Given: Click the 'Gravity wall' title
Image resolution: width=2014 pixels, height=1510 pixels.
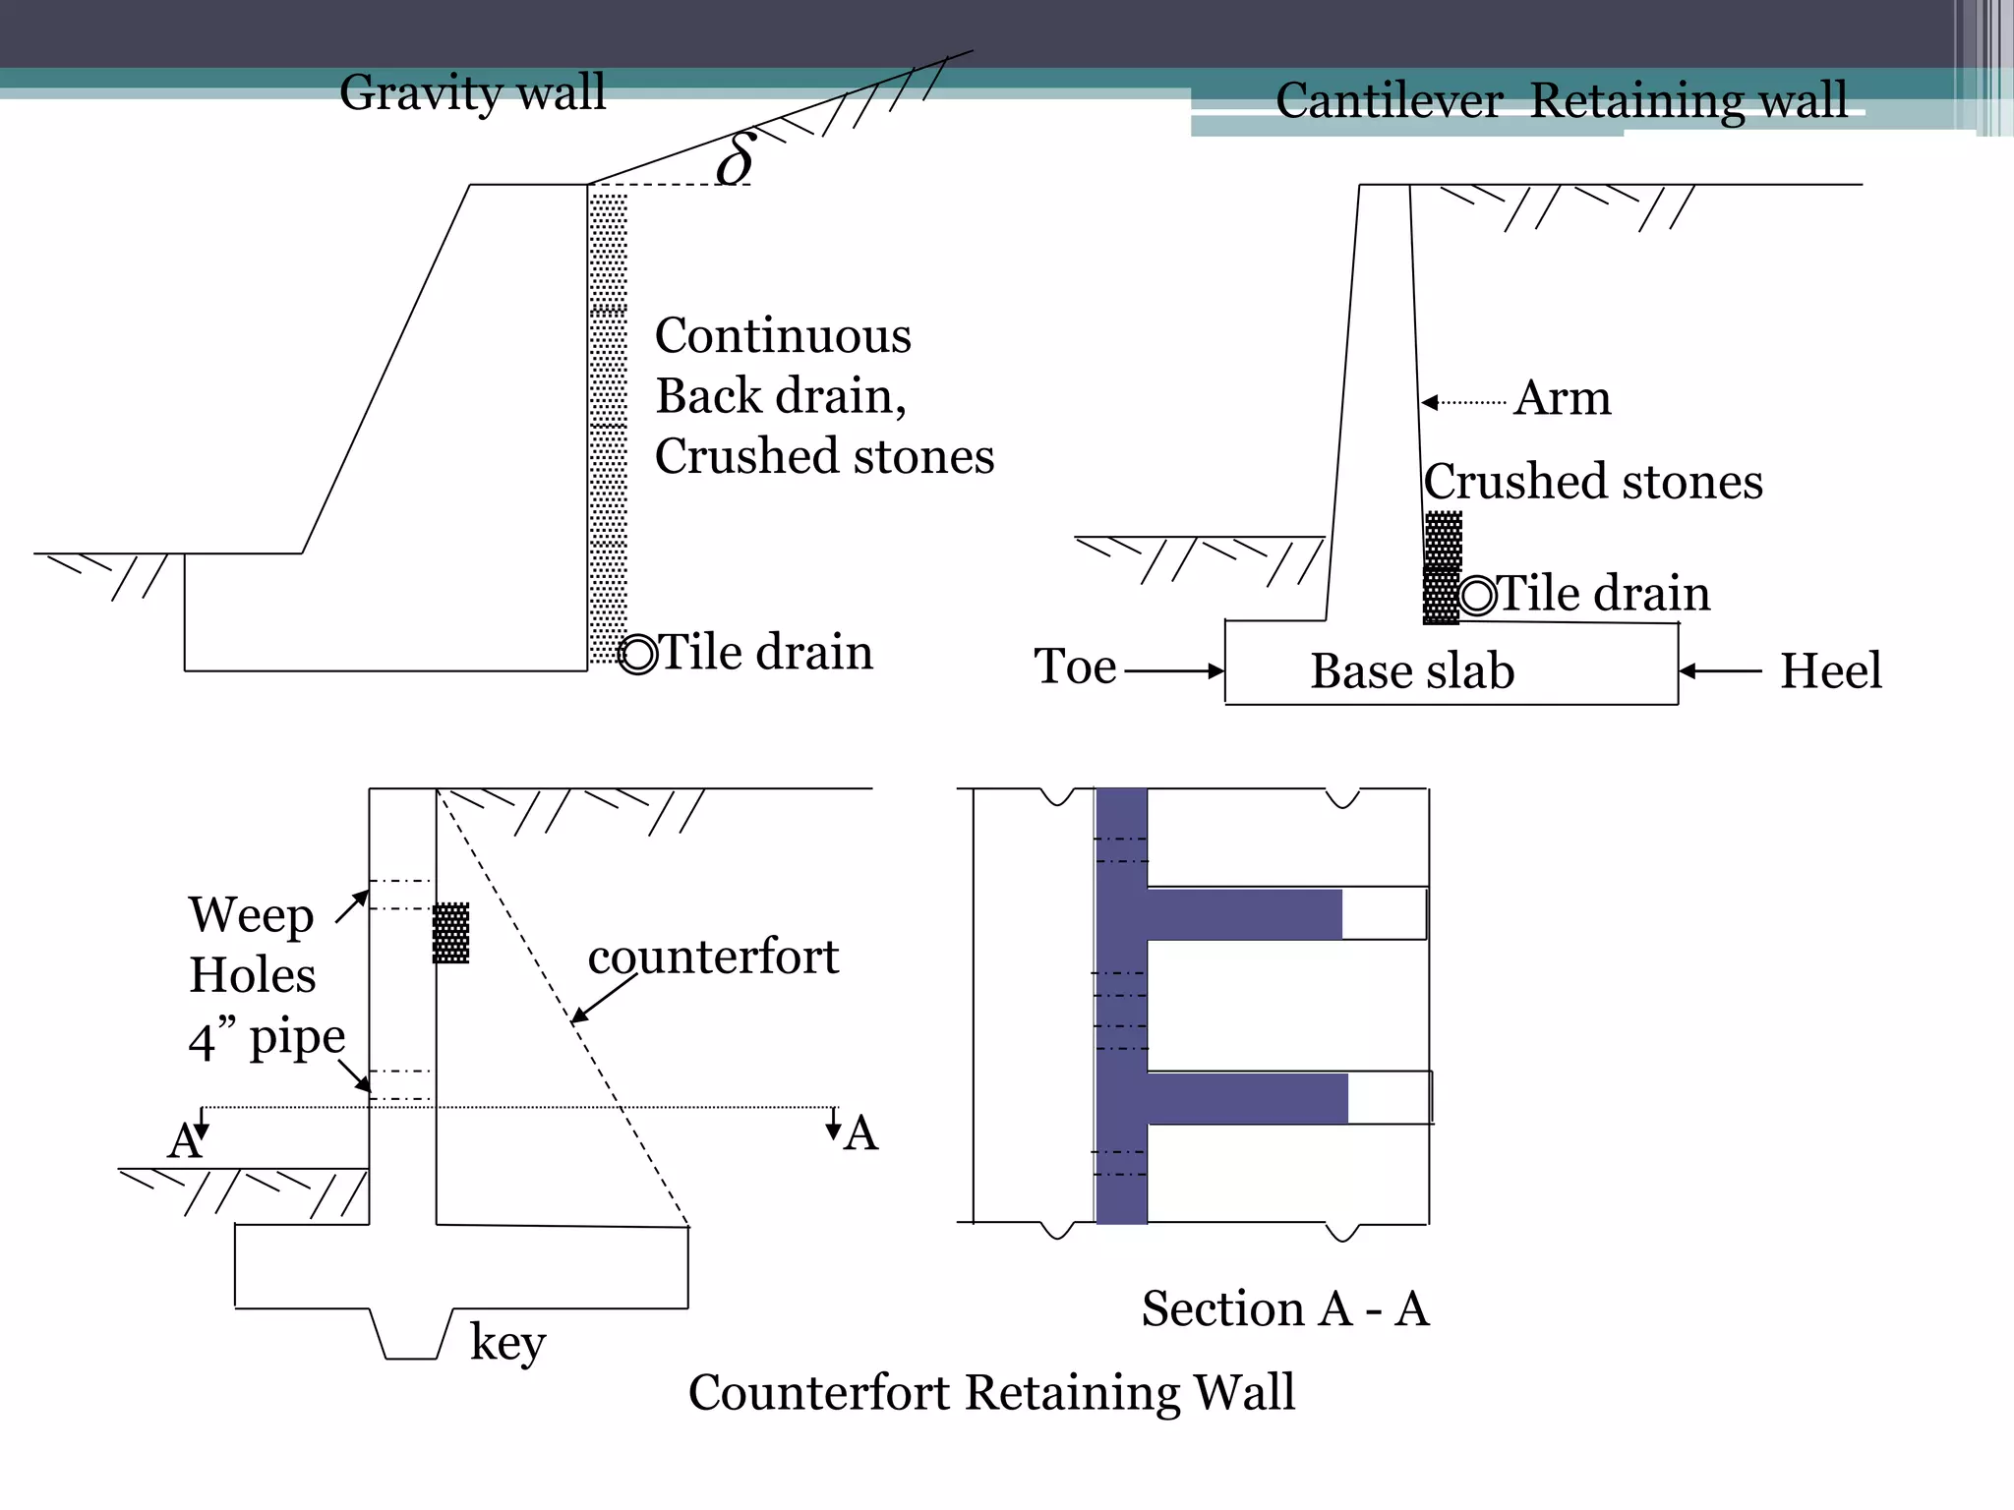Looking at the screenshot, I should [472, 93].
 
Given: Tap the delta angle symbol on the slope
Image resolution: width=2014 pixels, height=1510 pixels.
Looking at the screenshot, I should [736, 159].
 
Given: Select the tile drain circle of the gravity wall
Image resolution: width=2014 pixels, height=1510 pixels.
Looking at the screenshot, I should [638, 655].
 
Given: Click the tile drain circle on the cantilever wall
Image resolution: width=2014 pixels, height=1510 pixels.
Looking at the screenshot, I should [1477, 596].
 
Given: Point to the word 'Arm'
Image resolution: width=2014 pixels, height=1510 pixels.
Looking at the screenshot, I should [1562, 399].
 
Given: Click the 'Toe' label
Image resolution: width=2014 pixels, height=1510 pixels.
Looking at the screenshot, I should [1075, 668].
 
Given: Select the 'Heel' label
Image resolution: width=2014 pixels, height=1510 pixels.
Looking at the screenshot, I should [1830, 671].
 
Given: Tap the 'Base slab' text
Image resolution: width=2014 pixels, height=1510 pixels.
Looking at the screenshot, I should [1412, 671].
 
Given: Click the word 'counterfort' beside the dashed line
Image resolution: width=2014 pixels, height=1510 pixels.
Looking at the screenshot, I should [713, 957].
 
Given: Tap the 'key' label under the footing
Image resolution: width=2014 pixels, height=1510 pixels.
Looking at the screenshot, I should [507, 1342].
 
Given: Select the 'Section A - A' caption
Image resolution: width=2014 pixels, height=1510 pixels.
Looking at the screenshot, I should [1284, 1309].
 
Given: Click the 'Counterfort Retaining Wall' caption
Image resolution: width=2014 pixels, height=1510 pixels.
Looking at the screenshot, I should [991, 1392].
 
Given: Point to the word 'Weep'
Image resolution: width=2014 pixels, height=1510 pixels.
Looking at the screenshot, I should [252, 915].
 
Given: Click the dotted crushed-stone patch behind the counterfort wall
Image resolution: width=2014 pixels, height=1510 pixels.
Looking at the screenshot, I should [451, 933].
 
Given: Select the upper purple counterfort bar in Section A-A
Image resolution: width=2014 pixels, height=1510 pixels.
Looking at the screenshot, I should [1244, 914].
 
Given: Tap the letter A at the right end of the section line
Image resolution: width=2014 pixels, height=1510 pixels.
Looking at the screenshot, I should [860, 1133].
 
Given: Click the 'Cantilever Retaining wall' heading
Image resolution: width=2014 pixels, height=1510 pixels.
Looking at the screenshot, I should [1561, 101].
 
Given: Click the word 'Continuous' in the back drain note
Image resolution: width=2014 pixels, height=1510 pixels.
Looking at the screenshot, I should [783, 336].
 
